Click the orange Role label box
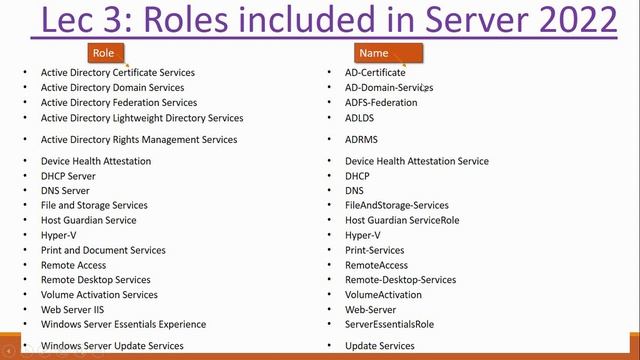pos(103,52)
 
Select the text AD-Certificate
pos(375,72)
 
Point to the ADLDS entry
pos(360,118)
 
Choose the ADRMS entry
pos(361,140)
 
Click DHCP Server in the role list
pos(68,176)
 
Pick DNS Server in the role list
pos(65,190)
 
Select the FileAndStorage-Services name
pos(397,205)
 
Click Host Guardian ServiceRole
pos(402,220)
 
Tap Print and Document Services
pos(103,250)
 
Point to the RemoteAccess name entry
pos(376,265)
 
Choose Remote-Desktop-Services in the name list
pos(400,280)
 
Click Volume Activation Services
pos(99,295)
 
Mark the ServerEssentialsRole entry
pos(389,324)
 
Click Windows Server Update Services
pos(112,346)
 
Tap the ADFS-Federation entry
pos(381,102)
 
